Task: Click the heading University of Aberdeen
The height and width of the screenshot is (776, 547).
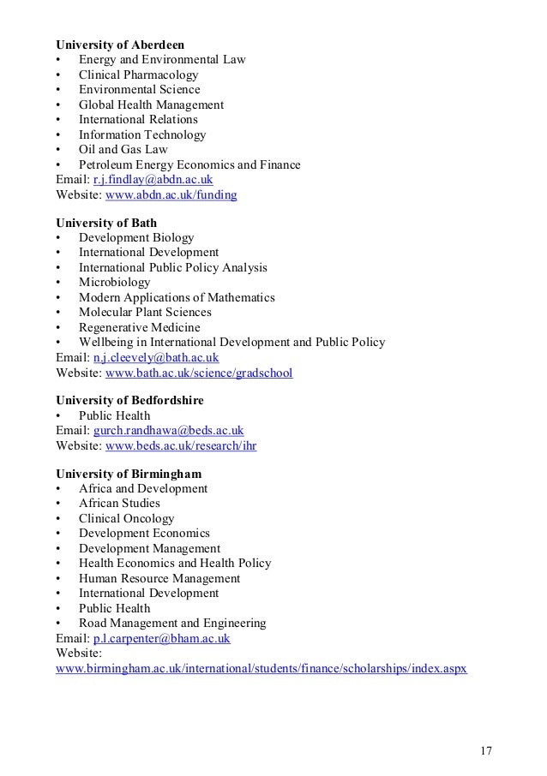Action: point(119,44)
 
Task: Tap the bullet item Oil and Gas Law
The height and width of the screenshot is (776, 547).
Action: point(123,150)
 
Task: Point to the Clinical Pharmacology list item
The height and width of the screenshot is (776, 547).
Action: point(138,75)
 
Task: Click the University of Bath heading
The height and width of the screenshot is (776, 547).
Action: point(105,222)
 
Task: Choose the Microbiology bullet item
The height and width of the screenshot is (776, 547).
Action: point(114,282)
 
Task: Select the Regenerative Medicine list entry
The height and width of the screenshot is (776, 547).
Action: point(139,327)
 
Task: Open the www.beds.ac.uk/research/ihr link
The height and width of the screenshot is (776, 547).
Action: point(181,445)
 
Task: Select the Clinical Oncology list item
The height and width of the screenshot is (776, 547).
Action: point(126,518)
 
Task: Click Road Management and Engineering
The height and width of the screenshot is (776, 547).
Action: point(171,624)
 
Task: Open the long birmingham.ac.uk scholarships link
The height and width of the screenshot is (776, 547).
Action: point(261,668)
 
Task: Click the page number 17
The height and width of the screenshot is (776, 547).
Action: point(485,728)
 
